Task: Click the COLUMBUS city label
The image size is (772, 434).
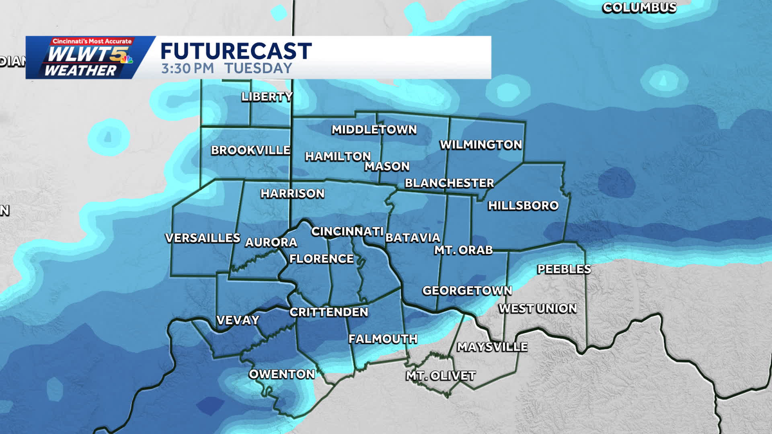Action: pos(639,8)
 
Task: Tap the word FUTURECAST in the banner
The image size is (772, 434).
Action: pos(236,51)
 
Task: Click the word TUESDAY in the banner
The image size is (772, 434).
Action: pos(259,68)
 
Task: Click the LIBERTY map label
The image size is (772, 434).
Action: pos(267,97)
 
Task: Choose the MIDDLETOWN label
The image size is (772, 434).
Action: pos(374,130)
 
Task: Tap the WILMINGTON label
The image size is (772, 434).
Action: pos(481,145)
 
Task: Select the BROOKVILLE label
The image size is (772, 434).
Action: pos(251,150)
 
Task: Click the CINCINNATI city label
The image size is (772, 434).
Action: pos(347,231)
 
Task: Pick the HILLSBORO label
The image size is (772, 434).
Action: pos(523,206)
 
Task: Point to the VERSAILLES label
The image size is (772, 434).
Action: pos(203,238)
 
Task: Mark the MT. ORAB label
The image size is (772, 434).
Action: pos(463,250)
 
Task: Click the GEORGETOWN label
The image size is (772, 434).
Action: pos(467,291)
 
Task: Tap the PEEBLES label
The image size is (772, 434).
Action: pos(564,269)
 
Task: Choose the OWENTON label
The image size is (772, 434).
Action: pos(282,374)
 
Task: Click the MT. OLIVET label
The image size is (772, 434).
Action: pos(441,375)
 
